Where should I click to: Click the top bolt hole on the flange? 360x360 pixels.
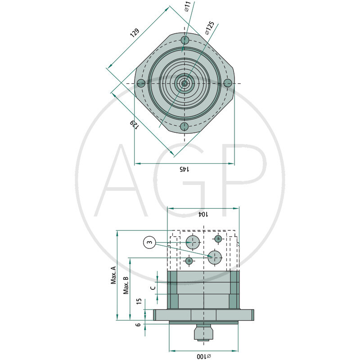tap(184, 40)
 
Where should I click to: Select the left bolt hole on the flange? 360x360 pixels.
tap(141, 83)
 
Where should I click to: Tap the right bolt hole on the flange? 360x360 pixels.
tap(228, 83)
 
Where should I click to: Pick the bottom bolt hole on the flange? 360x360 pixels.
tap(184, 127)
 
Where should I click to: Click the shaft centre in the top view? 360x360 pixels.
tap(184, 83)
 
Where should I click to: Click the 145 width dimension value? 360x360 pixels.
tap(184, 169)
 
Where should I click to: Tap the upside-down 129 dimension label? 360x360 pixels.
tap(134, 124)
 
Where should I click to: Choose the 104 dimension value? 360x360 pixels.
tap(203, 214)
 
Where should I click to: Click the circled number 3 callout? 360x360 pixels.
tap(149, 243)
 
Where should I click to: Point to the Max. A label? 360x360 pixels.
tap(113, 275)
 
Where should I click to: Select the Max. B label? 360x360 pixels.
tap(126, 285)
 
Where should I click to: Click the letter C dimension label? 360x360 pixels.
tap(153, 287)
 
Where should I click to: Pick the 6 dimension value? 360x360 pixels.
tap(139, 324)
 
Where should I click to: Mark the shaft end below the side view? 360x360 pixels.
tap(204, 334)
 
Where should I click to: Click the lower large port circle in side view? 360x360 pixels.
tap(215, 257)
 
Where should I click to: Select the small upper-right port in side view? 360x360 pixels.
tap(218, 238)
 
